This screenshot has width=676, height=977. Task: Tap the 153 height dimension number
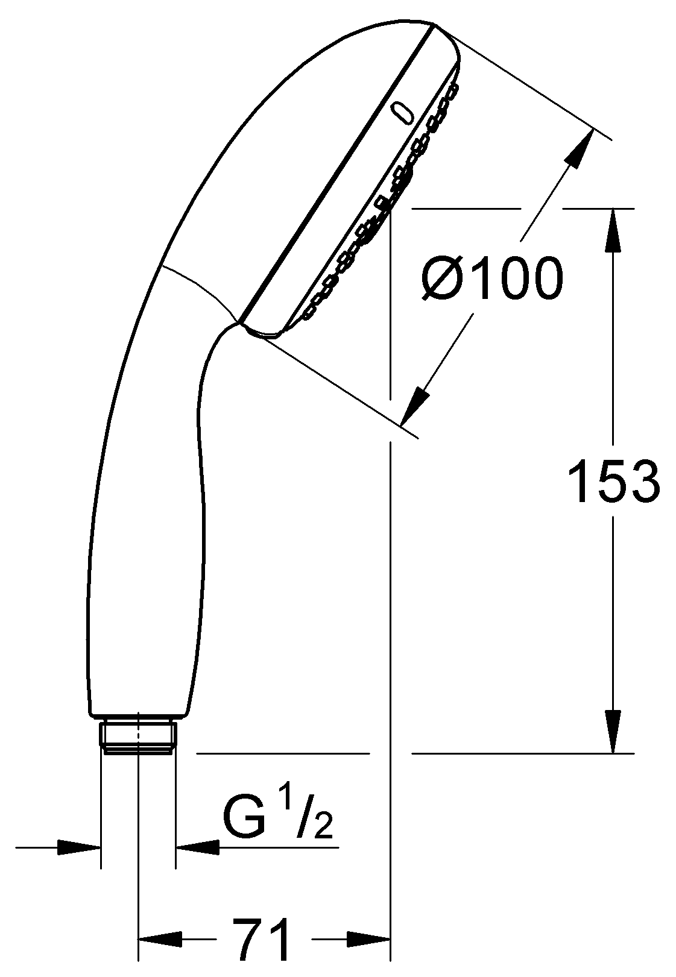[x=614, y=481]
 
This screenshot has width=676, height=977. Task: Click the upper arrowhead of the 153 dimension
[x=613, y=230]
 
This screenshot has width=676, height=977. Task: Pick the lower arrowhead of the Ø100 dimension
[x=415, y=406]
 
